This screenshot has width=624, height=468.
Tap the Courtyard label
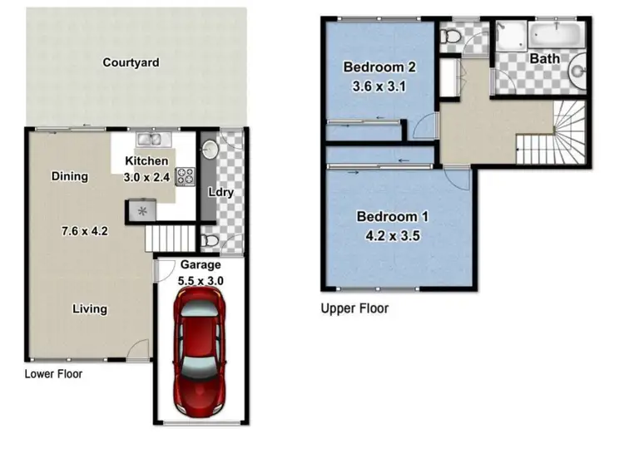coord(131,62)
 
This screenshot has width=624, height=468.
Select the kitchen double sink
coord(153,140)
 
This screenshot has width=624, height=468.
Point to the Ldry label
coord(220,192)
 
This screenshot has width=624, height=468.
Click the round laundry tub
coord(210,150)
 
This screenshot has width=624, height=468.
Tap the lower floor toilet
coord(210,240)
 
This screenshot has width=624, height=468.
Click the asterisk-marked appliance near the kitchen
coord(141,211)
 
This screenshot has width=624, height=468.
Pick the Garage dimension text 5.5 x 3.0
coord(201,280)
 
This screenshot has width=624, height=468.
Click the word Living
coord(89,308)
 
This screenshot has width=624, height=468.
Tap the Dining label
coord(69,176)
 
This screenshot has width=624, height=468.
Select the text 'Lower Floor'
coord(53,374)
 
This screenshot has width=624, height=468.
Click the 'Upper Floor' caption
coord(354,308)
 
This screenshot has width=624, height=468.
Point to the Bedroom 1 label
coord(393,217)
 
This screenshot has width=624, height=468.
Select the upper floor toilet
coord(451,37)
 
